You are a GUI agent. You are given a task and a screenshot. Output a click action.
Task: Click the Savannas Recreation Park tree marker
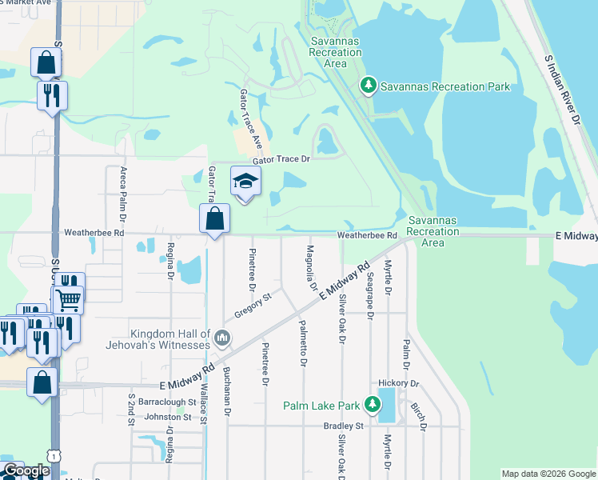point(369,86)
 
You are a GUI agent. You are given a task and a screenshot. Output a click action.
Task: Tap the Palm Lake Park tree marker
point(372,405)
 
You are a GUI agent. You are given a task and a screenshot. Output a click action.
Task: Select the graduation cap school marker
point(245,182)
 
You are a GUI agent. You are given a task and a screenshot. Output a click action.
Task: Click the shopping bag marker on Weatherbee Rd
point(215,218)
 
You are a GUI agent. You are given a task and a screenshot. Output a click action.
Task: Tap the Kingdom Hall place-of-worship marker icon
point(223,338)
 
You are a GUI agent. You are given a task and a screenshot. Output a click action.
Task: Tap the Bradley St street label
point(344,426)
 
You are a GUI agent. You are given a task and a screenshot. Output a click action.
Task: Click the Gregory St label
point(253,304)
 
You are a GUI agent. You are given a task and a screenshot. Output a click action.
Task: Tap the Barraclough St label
point(167,402)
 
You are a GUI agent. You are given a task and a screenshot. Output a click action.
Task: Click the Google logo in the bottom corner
point(26,471)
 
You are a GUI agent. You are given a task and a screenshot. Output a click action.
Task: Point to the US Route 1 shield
point(54,454)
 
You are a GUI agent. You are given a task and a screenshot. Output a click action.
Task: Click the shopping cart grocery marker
point(69,300)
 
